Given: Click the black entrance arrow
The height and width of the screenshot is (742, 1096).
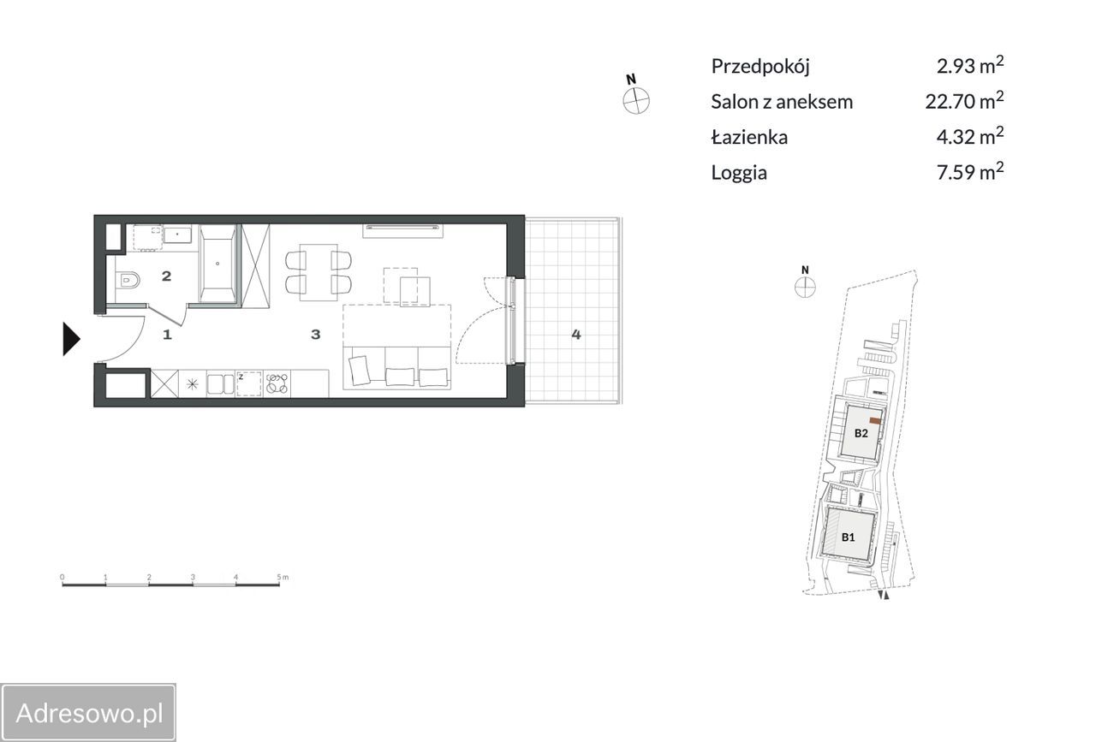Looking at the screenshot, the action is (x=71, y=339).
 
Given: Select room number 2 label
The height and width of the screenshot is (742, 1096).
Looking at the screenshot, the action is (x=166, y=276).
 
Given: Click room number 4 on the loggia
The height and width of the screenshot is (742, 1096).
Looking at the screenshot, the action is (x=576, y=335).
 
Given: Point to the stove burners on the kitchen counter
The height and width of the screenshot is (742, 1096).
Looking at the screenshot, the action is (x=277, y=383).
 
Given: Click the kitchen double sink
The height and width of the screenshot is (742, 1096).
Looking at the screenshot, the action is (x=220, y=384).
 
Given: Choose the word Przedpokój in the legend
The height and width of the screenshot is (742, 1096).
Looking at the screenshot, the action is (x=760, y=67).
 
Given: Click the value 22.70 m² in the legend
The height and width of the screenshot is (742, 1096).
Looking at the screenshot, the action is (x=964, y=100).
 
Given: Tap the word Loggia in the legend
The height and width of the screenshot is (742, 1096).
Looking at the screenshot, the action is (x=739, y=173).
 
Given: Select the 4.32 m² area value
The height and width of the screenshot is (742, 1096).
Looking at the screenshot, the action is (x=970, y=136).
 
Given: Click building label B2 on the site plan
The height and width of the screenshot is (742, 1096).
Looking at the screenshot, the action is (x=861, y=433).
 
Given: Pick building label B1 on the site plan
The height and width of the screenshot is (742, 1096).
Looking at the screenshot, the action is (x=848, y=537).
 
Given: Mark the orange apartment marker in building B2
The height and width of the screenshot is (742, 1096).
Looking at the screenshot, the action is (x=875, y=421).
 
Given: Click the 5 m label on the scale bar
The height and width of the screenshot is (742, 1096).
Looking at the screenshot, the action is (x=283, y=577).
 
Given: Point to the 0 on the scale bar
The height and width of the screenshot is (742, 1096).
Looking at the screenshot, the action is (x=63, y=577).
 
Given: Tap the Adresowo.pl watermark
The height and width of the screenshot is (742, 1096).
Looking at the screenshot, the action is (x=88, y=713).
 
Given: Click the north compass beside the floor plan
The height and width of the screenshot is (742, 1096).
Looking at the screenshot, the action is (x=636, y=101).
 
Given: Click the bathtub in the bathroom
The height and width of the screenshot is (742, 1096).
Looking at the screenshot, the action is (x=217, y=264).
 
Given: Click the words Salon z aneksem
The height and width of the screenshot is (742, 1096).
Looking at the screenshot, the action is (x=782, y=102).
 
